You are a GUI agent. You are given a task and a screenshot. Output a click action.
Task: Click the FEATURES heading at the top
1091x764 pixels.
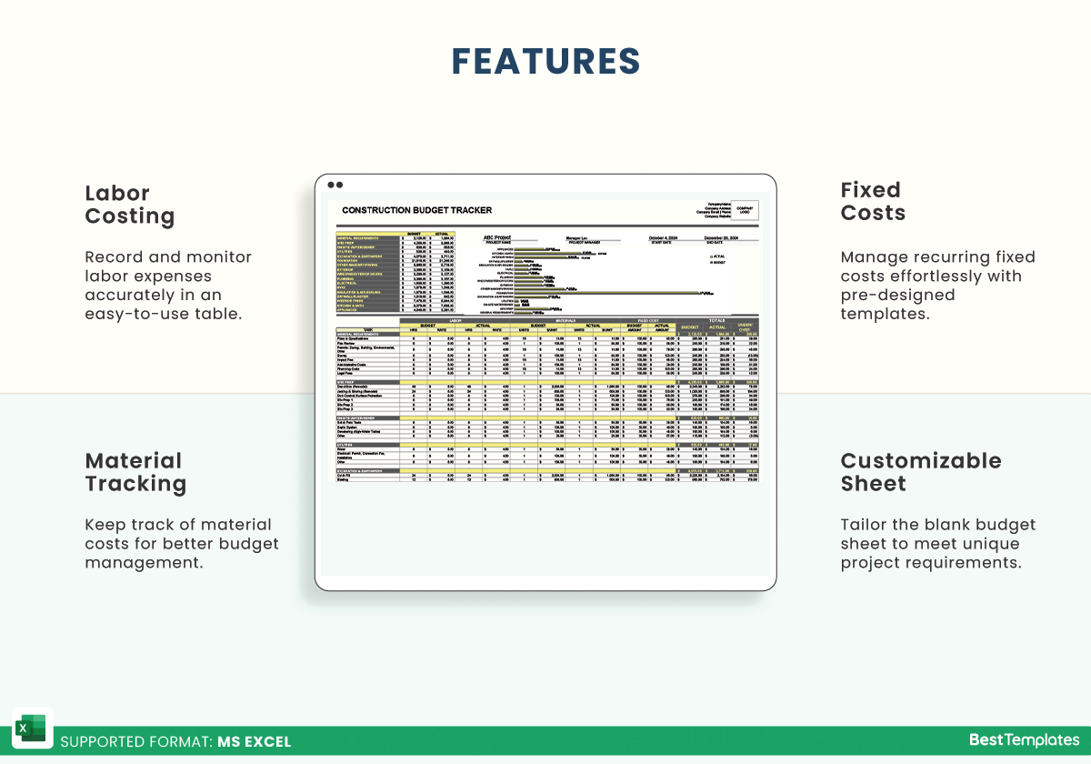(545, 61)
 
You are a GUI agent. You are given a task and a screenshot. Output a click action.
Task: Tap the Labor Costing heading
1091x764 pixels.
(130, 205)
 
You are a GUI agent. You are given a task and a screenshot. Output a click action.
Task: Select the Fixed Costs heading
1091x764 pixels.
(873, 202)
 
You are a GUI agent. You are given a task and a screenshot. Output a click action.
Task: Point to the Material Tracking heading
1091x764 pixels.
(135, 472)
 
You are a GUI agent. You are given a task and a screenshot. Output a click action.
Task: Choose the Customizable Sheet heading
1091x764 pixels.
(920, 472)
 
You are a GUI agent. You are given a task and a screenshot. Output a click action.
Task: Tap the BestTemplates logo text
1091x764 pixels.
(1024, 740)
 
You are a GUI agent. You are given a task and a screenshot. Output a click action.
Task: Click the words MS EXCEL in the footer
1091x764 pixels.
(254, 741)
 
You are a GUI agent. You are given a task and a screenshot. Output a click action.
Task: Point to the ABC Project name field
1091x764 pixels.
(496, 237)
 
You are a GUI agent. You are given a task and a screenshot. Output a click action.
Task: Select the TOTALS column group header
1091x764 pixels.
(716, 320)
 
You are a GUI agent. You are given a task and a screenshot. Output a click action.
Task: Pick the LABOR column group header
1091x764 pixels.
(457, 320)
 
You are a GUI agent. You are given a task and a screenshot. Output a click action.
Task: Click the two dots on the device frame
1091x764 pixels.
(335, 185)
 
